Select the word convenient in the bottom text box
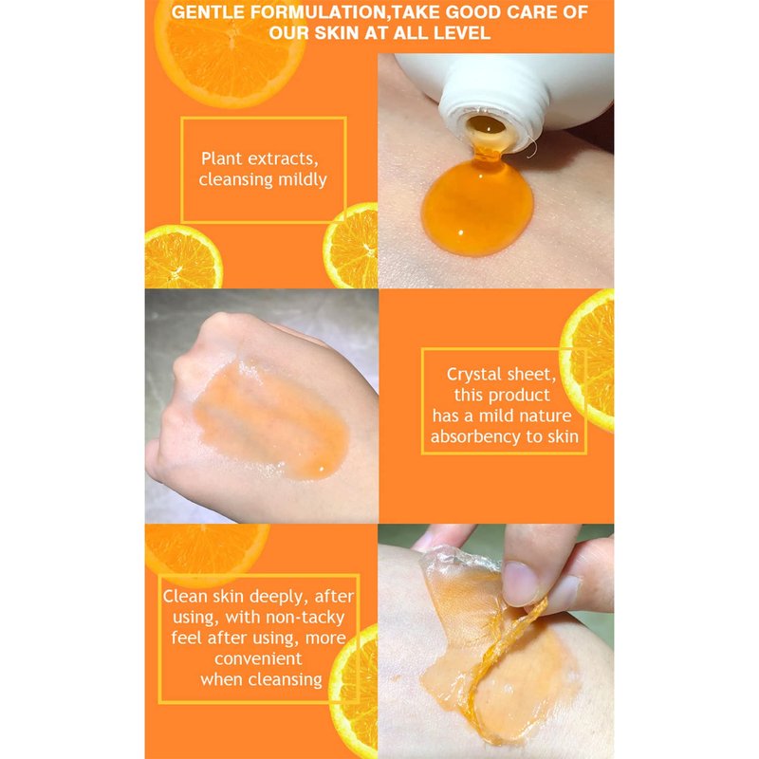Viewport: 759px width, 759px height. coord(258,658)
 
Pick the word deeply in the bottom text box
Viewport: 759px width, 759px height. coord(278,597)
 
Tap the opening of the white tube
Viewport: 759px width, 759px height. coord(487,127)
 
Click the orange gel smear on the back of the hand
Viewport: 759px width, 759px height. coord(271,418)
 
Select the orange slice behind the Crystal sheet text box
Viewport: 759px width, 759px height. coord(586,361)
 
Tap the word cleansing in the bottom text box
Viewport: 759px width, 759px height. coord(286,680)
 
